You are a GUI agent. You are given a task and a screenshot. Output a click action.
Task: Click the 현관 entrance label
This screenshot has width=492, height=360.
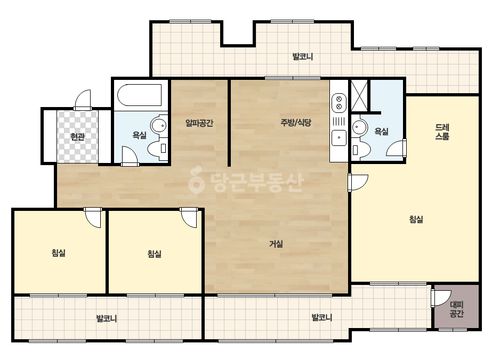click(x=77, y=137)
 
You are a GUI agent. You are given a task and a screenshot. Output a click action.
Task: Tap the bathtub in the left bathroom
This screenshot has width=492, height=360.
click(x=140, y=95)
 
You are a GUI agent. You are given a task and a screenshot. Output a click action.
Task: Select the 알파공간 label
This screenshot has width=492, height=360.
click(x=199, y=123)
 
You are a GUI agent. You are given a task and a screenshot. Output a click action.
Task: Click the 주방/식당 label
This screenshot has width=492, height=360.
click(x=296, y=122)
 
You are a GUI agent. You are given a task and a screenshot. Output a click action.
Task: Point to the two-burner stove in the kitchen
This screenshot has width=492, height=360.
click(x=339, y=103)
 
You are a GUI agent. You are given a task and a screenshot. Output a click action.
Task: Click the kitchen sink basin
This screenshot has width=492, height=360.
click(x=339, y=138)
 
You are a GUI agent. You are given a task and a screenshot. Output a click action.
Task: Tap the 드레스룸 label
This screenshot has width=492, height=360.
click(x=442, y=132)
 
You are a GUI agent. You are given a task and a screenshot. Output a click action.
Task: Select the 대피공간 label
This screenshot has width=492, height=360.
click(x=456, y=309)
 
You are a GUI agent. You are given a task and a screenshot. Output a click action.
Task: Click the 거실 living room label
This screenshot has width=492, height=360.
click(x=276, y=244)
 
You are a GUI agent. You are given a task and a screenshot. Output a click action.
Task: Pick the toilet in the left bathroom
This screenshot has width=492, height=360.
click(x=158, y=148)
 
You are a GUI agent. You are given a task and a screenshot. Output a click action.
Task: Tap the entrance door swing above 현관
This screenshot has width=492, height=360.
click(x=83, y=100)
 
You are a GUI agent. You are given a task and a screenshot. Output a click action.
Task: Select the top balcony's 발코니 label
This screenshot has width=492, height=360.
click(x=302, y=57)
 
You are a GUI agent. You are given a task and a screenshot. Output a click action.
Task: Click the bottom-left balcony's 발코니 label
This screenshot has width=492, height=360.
click(x=107, y=318)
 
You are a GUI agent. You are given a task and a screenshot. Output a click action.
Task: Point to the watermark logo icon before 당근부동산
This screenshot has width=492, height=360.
click(x=196, y=180)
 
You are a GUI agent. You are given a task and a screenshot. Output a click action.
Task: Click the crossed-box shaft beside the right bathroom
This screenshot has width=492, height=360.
click(x=359, y=95)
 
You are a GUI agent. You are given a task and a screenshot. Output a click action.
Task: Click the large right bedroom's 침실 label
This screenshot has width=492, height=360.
click(x=416, y=219)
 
